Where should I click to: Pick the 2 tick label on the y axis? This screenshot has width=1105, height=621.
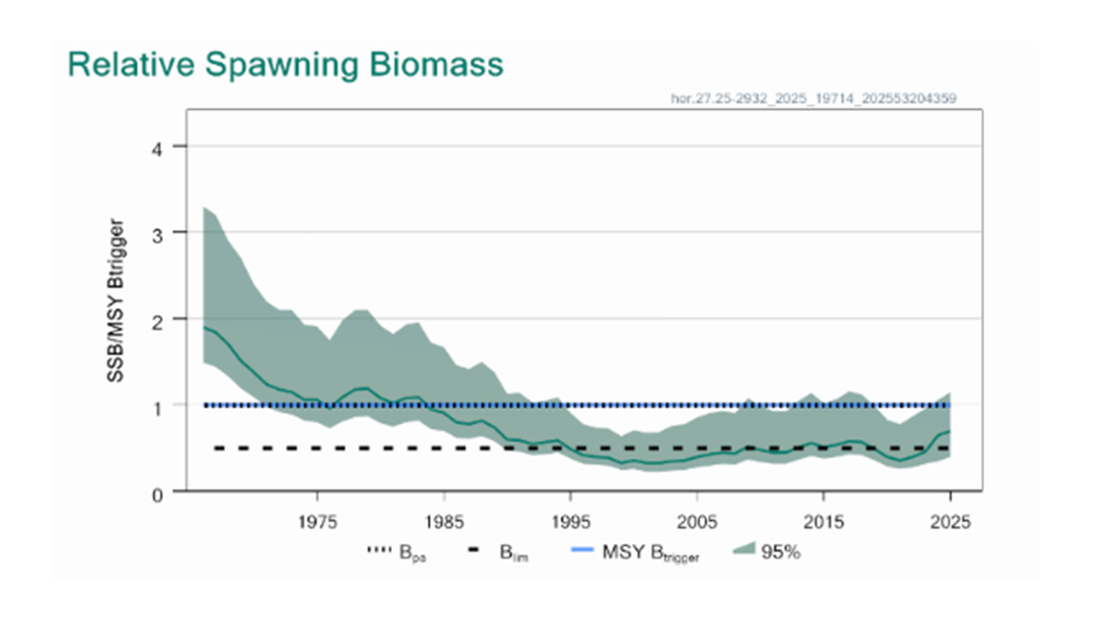tap(157, 318)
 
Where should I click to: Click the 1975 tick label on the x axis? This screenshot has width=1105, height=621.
tap(318, 522)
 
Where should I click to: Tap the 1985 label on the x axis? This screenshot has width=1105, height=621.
tap(444, 522)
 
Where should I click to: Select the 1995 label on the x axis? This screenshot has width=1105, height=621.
tap(570, 522)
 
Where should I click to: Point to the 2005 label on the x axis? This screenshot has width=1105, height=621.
tap(697, 522)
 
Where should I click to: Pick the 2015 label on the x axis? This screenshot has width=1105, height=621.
tap(823, 522)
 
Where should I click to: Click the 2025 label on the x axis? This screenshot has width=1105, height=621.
tap(949, 522)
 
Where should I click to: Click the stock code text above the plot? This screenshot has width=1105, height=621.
tap(813, 99)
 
